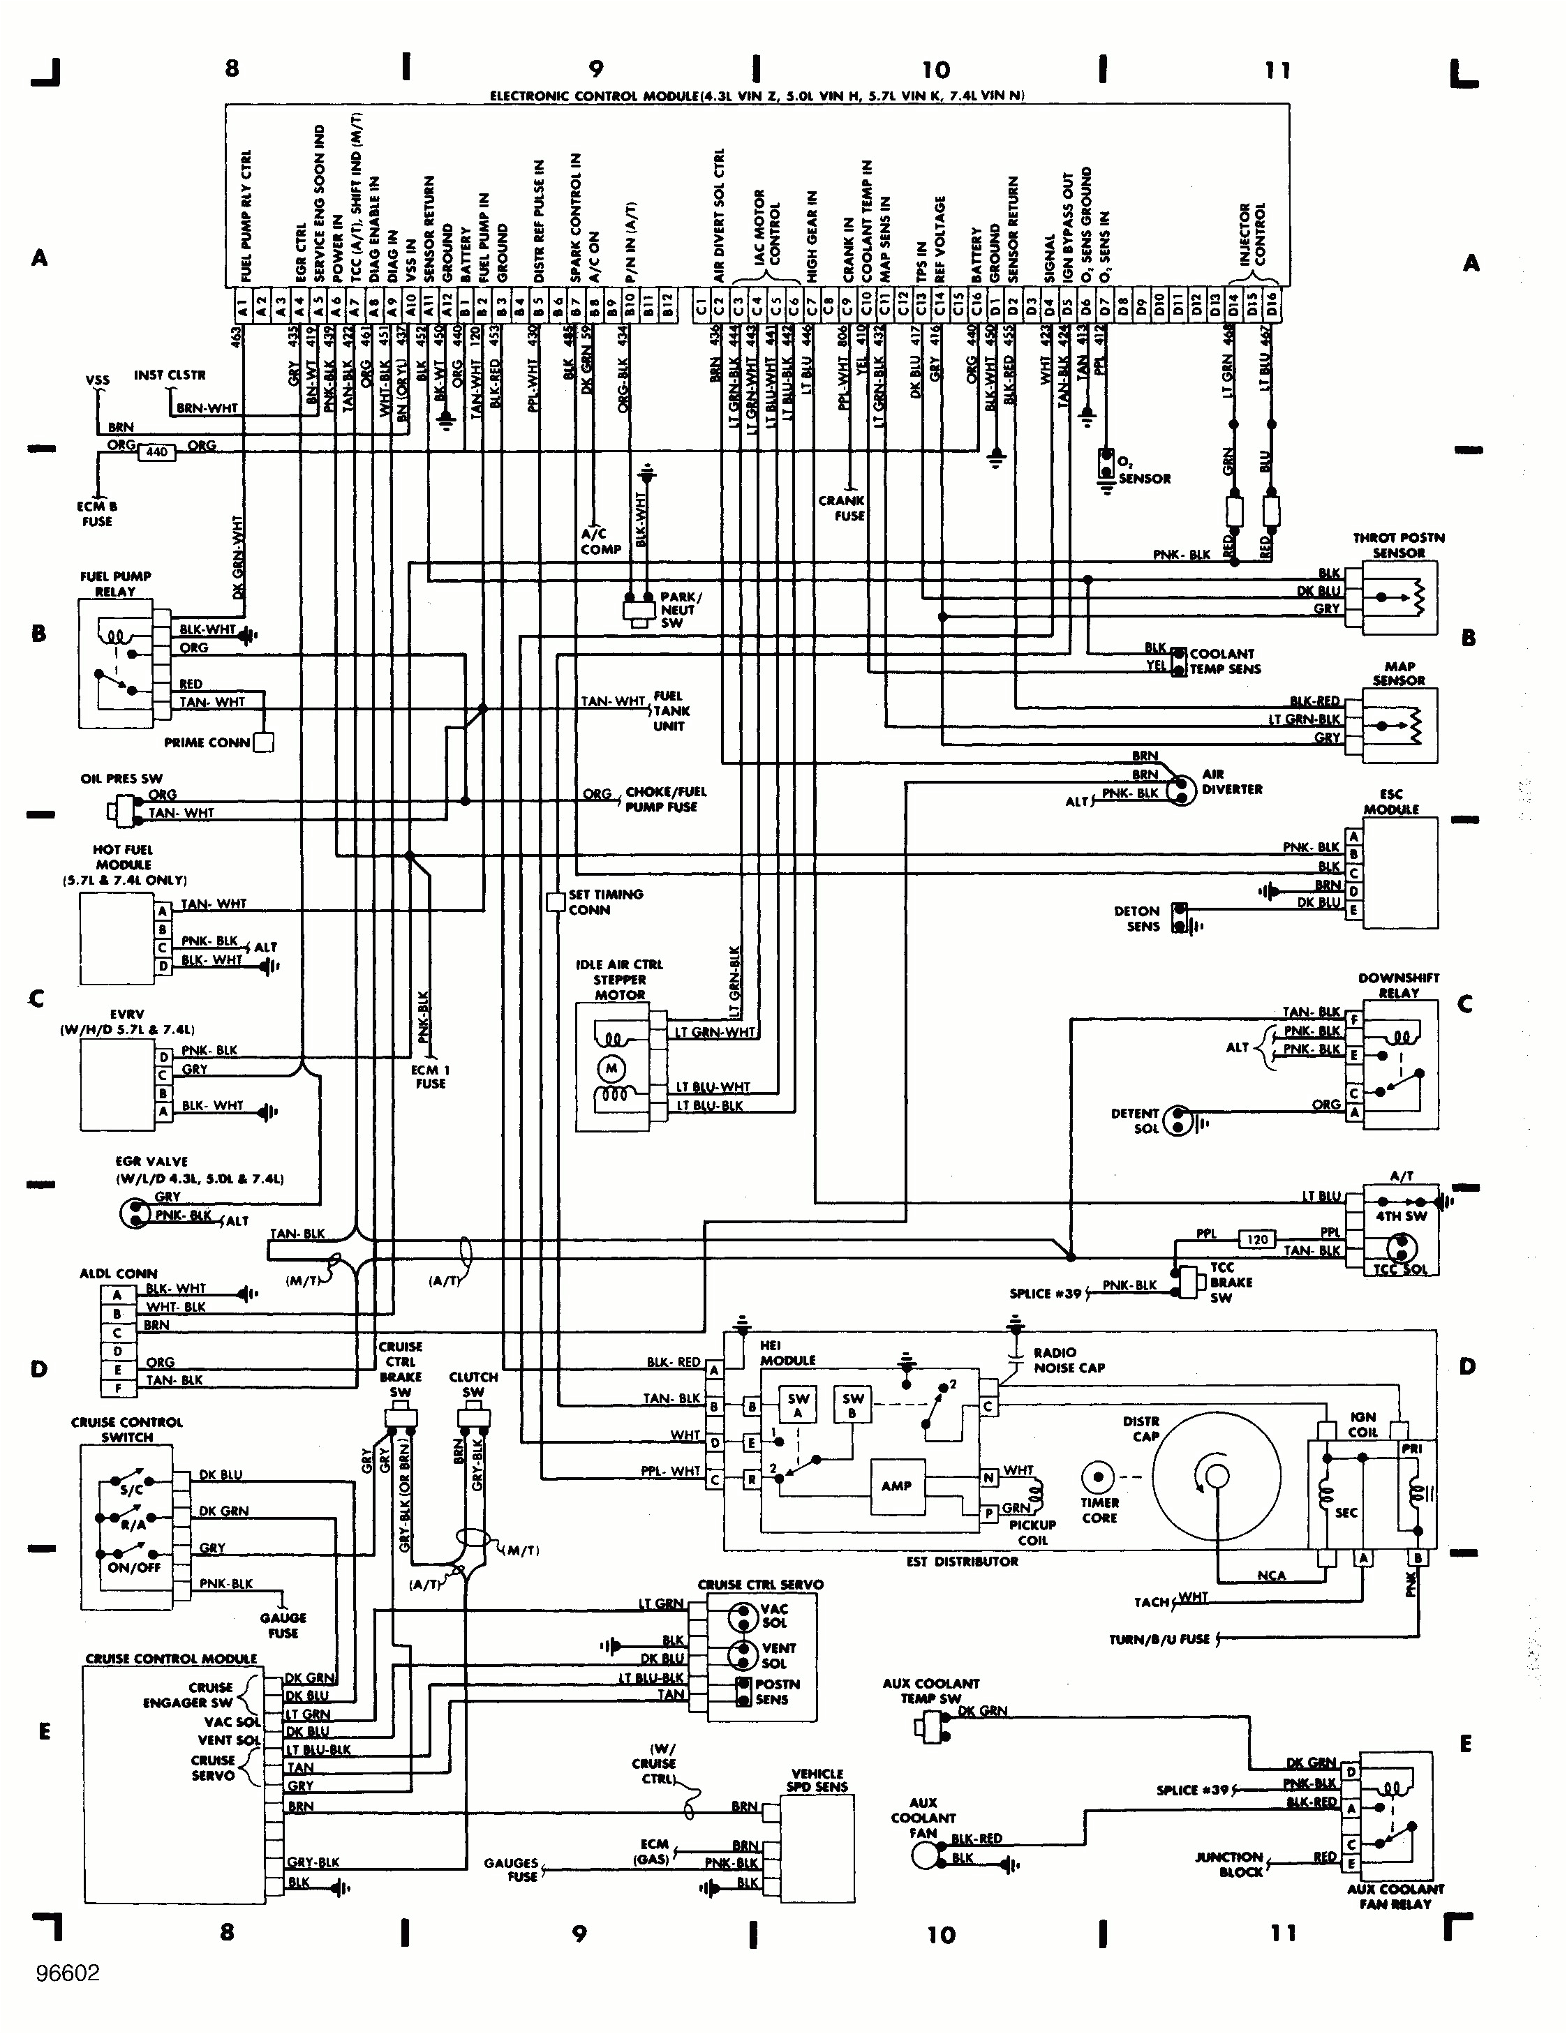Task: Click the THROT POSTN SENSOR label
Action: click(1398, 546)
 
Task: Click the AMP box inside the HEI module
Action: click(896, 1486)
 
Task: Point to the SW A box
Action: click(799, 1405)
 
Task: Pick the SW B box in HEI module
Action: click(852, 1405)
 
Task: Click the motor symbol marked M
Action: click(611, 1068)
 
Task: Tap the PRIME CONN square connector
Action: click(264, 742)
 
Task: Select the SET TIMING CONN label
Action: click(606, 902)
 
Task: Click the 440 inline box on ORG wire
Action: click(156, 451)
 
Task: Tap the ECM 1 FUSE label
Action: click(431, 1077)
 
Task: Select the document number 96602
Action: click(67, 1973)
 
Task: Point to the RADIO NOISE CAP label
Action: click(1068, 1360)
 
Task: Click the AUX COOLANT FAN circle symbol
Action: click(925, 1856)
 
